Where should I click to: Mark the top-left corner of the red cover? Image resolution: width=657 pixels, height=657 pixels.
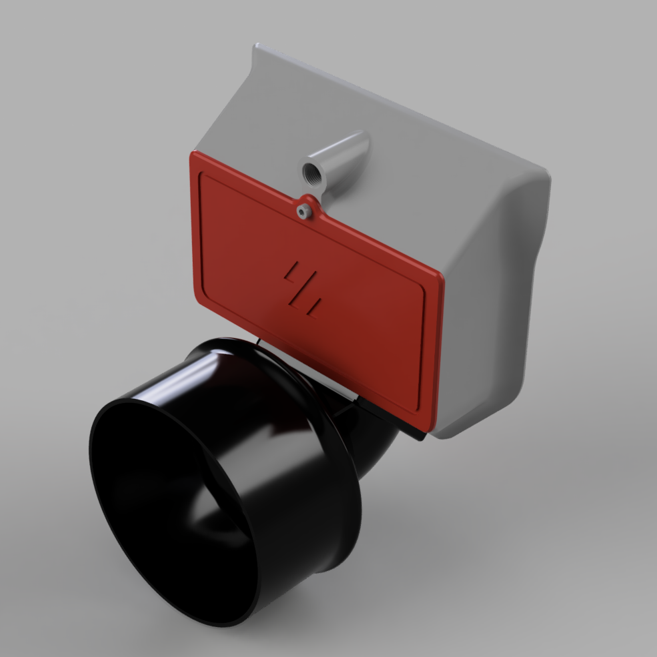(194, 155)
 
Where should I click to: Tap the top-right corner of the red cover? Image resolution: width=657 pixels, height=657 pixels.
(441, 276)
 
